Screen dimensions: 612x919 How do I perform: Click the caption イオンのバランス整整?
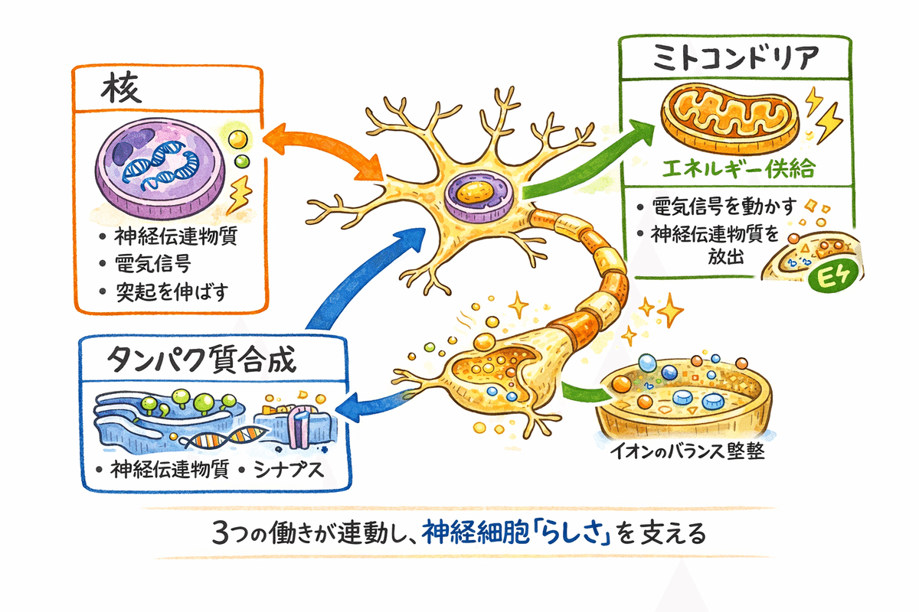(x=684, y=451)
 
